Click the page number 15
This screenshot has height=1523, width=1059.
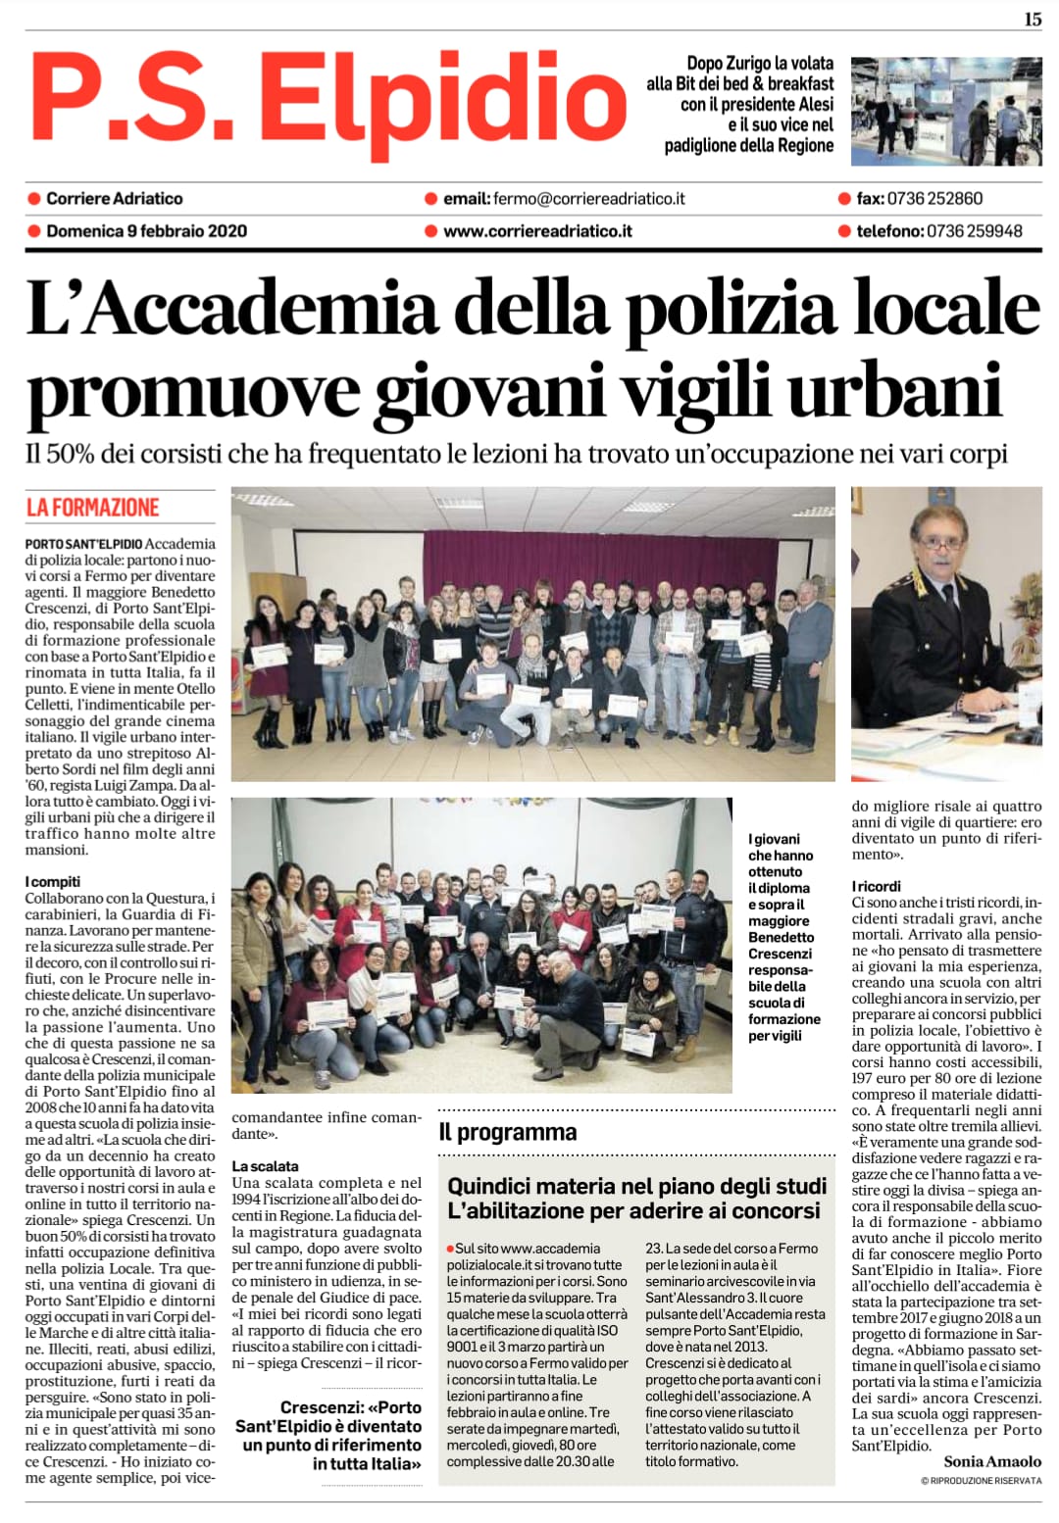[x=1033, y=19]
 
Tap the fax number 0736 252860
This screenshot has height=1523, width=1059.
[x=933, y=198]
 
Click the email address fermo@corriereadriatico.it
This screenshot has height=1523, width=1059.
[x=588, y=198]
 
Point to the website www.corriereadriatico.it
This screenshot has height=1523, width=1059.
[x=537, y=231]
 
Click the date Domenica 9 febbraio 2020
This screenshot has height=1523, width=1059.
[x=146, y=231]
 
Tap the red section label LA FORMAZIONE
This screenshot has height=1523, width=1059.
[x=92, y=508]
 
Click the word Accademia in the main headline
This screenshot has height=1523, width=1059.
[x=265, y=309]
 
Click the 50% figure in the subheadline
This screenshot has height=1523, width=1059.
[x=72, y=454]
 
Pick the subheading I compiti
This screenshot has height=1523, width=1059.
[x=53, y=881]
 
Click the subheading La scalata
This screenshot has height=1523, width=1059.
[x=265, y=1166]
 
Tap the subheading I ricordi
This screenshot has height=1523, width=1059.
[x=876, y=886]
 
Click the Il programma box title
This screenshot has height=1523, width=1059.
[x=508, y=1132]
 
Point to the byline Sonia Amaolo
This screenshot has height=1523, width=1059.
[x=992, y=1461]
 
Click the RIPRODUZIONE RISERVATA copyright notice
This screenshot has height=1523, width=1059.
[x=981, y=1480]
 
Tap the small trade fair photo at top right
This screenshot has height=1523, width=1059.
[x=945, y=111]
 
